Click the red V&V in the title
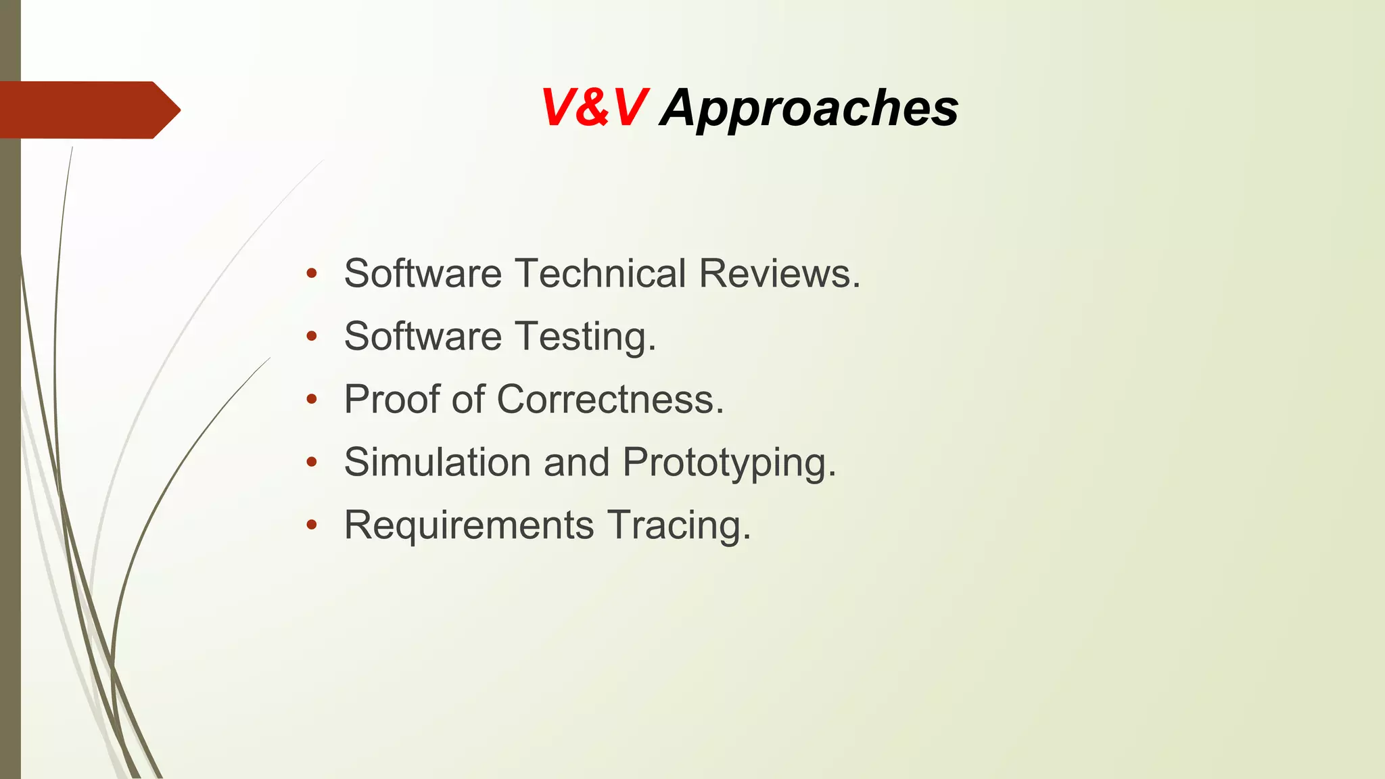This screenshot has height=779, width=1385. pyautogui.click(x=594, y=108)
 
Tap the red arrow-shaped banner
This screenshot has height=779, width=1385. pyautogui.click(x=88, y=110)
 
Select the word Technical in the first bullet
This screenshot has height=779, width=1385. pyautogui.click(x=601, y=274)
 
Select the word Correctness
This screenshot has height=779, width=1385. pyautogui.click(x=605, y=400)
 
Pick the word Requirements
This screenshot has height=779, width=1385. pyautogui.click(x=469, y=525)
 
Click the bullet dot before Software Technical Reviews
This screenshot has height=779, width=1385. pyautogui.click(x=311, y=274)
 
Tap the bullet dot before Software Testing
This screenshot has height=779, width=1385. pyautogui.click(x=311, y=337)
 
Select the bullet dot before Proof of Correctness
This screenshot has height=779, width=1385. pyautogui.click(x=311, y=400)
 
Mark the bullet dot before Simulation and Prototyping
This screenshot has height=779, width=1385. pyautogui.click(x=311, y=463)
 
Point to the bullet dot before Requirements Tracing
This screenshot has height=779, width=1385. pyautogui.click(x=311, y=525)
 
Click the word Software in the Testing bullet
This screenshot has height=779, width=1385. pyautogui.click(x=423, y=337)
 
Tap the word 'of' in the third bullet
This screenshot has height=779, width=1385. pyautogui.click(x=468, y=399)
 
